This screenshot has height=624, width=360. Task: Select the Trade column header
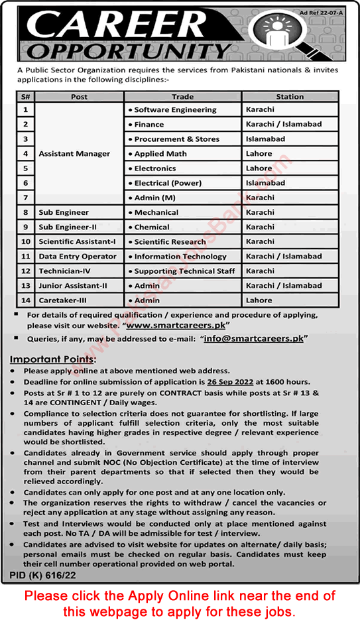tap(182, 96)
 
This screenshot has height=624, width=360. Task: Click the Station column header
tap(290, 96)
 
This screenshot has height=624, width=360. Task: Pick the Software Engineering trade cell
tap(175, 109)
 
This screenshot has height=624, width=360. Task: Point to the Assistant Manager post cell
tap(75, 154)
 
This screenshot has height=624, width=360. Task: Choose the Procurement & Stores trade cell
tap(176, 139)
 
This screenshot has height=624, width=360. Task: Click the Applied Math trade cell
tap(160, 154)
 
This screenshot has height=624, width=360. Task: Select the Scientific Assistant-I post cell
tap(77, 242)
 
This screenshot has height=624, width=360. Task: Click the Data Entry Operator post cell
tap(78, 257)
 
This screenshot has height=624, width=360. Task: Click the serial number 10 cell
tap(26, 242)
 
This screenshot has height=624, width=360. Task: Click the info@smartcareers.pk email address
tap(260, 338)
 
